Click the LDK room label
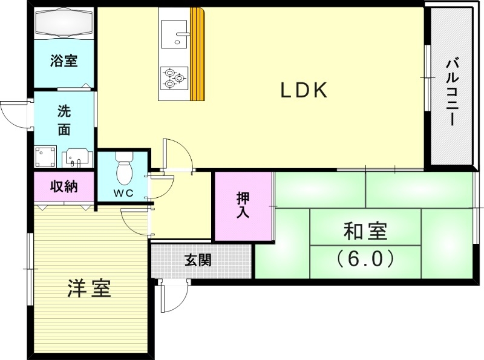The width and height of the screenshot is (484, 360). click(303, 91)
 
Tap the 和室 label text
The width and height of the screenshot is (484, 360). click(365, 232)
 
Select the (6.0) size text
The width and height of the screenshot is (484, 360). click(365, 259)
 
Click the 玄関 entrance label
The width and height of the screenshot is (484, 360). click(198, 261)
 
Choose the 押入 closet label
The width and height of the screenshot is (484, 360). click(242, 206)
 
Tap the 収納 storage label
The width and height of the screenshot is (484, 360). click(64, 187)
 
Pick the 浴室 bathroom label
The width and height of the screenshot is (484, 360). click(64, 61)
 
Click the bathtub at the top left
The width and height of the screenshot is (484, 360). click(64, 24)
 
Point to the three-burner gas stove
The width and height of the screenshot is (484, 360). click(174, 77)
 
